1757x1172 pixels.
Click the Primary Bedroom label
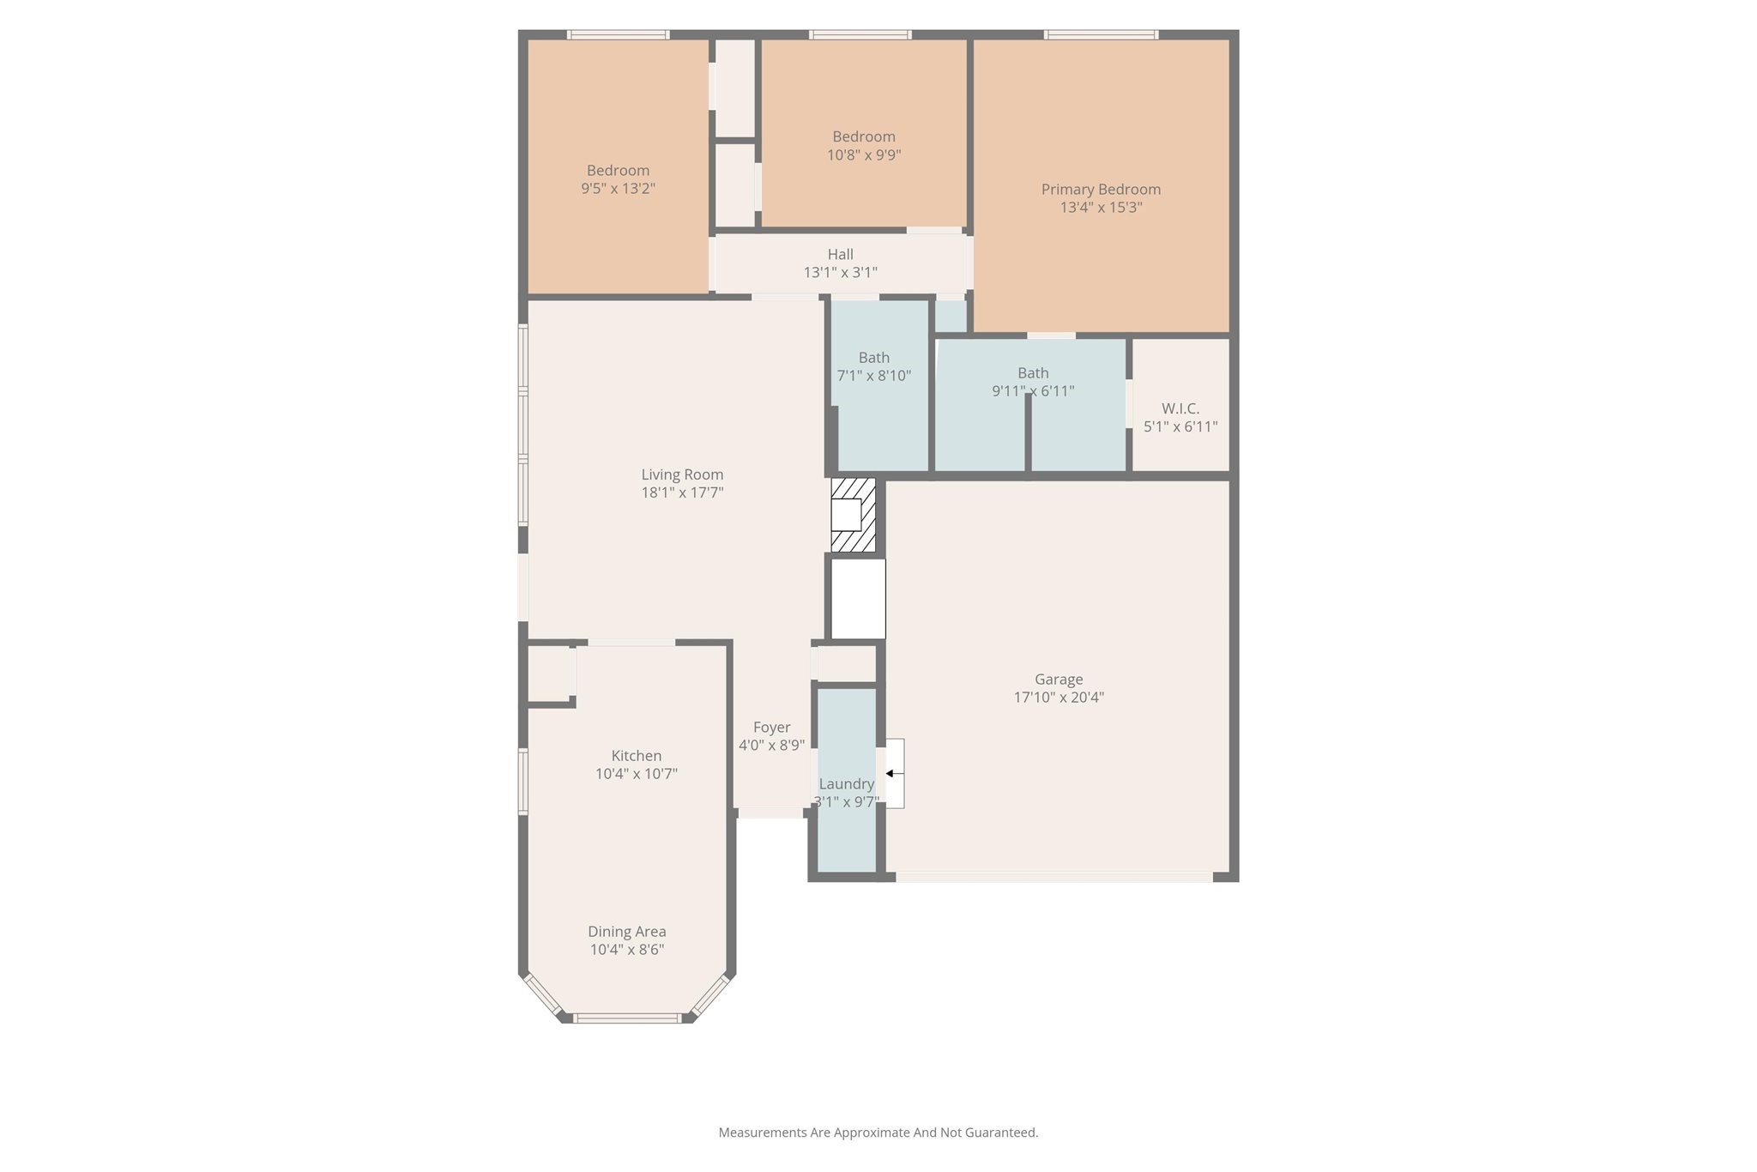pos(1101,189)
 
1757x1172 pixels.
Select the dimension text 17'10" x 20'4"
pos(1059,698)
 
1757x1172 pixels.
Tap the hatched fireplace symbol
pos(854,515)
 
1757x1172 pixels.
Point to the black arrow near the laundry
pos(891,773)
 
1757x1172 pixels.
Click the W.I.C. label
pos(1180,408)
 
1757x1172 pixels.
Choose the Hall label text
pos(840,254)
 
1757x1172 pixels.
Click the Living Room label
pos(682,474)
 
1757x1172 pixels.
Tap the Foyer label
pos(771,727)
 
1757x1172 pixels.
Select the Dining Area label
pos(626,931)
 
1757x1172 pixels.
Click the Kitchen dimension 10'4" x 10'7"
pos(637,774)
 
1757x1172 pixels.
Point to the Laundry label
pos(846,783)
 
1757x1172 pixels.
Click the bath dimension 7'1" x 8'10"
pos(873,376)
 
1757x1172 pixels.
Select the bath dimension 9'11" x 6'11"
pos(1033,391)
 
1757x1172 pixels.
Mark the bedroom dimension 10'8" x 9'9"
pos(864,155)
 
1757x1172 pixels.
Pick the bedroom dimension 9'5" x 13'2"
pos(618,189)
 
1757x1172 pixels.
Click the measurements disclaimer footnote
pos(878,1133)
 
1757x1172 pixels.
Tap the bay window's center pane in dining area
pos(627,1018)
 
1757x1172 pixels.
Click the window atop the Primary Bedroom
pos(1101,35)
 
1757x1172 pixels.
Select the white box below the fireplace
pos(858,599)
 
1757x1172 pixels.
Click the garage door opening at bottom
pos(1054,877)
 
